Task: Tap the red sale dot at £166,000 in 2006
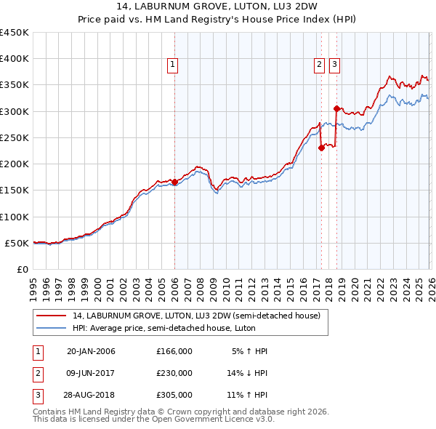tap(174, 183)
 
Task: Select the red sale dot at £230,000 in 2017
tap(321, 148)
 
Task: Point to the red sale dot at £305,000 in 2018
tap(336, 109)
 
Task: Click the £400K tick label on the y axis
tap(15, 59)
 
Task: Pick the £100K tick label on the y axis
tap(15, 217)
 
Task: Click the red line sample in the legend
tap(51, 315)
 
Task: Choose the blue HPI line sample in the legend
tap(51, 328)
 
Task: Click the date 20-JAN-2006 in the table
tap(91, 351)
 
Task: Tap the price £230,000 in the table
tap(174, 374)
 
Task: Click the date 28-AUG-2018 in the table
tap(91, 396)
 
